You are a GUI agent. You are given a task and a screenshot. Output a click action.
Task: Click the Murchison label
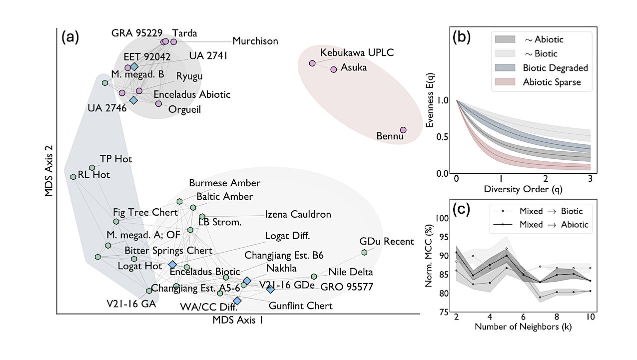click(x=255, y=41)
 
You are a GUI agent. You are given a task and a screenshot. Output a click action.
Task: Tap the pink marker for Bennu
click(x=403, y=130)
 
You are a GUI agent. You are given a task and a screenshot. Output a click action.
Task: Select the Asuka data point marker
click(x=334, y=69)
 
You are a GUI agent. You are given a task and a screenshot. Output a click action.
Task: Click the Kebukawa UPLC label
click(x=350, y=52)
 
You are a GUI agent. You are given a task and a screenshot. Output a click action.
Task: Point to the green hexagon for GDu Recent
click(x=364, y=252)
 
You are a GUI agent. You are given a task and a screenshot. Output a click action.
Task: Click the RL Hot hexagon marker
click(x=73, y=176)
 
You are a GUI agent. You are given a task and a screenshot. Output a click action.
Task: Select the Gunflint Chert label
click(x=300, y=306)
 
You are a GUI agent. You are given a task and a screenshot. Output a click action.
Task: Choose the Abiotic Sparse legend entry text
click(x=552, y=82)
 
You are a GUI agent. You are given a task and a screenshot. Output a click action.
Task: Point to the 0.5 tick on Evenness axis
click(x=443, y=137)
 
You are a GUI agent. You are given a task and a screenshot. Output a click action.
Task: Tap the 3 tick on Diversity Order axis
click(x=591, y=179)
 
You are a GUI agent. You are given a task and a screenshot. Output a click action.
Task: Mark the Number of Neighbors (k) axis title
click(x=523, y=328)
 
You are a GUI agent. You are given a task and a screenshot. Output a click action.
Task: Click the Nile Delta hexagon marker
click(x=314, y=276)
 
